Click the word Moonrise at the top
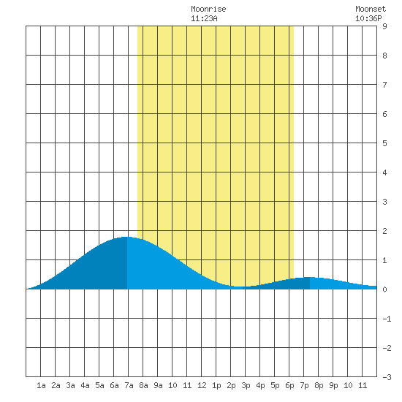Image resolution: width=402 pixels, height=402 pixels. (208, 9)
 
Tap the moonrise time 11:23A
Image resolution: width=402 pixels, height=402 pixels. (204, 18)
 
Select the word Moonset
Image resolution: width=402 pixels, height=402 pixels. (371, 9)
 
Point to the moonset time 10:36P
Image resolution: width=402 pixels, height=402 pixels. (368, 18)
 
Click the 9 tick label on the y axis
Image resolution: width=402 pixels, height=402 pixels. (384, 26)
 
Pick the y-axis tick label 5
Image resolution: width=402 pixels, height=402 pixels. (384, 143)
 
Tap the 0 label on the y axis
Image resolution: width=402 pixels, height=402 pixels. (384, 289)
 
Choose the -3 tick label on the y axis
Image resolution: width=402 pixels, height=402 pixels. (387, 377)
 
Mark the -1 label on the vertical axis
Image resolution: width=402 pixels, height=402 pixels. (387, 319)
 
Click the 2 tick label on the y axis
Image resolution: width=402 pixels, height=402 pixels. (384, 231)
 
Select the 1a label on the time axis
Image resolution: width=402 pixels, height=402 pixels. (41, 385)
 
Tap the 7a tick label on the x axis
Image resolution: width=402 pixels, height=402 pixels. (129, 385)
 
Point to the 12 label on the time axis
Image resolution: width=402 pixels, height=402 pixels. (202, 385)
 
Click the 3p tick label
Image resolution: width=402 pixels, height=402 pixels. (246, 385)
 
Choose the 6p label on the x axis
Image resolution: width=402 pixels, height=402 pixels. (289, 385)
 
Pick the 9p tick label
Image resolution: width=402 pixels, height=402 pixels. (333, 385)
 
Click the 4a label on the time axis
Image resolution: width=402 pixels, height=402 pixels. (85, 385)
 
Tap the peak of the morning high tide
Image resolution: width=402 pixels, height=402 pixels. (126, 237)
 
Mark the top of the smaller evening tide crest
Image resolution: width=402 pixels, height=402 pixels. (310, 277)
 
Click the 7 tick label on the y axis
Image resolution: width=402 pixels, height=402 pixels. (384, 85)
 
